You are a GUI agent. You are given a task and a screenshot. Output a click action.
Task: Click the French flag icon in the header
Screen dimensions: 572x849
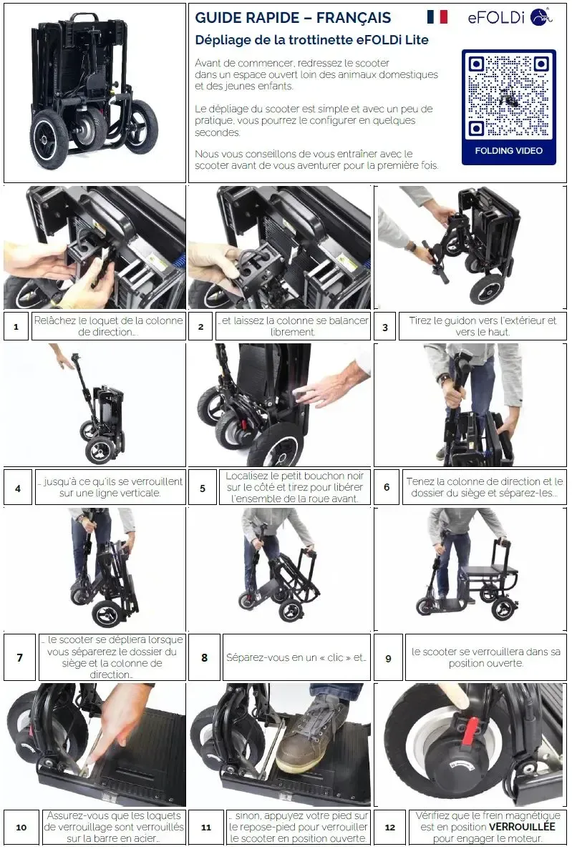coord(437,16)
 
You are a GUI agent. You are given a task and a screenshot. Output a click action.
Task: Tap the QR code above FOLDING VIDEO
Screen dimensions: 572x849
coord(508,97)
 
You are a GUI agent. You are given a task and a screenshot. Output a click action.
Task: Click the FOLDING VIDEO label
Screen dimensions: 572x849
coord(508,151)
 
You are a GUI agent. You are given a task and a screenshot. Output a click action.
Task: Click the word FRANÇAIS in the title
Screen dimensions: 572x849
coord(354,18)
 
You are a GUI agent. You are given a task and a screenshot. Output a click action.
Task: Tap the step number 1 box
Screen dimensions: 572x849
coord(16,326)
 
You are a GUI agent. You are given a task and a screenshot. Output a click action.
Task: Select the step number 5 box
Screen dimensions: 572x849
coord(202,488)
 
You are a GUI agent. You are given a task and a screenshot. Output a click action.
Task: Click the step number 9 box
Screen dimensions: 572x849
coord(388,659)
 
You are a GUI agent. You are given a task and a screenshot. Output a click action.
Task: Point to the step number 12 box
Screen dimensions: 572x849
coord(390,828)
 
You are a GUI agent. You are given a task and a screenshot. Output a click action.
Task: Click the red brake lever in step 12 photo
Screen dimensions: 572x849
coord(472,732)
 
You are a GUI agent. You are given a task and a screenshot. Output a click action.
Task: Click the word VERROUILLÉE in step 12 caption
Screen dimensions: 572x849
coord(522,827)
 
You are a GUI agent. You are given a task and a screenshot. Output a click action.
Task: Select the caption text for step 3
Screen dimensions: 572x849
coord(483,326)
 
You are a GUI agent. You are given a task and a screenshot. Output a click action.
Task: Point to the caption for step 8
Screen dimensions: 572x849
coord(296,657)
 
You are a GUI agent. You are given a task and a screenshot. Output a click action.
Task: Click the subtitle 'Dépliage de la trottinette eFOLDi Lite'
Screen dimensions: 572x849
coord(311,40)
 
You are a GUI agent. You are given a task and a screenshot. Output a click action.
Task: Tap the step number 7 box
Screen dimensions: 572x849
coord(19,657)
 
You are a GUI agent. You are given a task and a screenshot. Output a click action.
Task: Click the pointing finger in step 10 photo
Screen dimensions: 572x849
coord(111,726)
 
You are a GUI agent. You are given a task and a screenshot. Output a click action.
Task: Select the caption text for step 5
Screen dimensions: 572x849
coord(294,487)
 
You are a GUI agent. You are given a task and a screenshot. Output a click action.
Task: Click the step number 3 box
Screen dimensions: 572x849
coord(385,326)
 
